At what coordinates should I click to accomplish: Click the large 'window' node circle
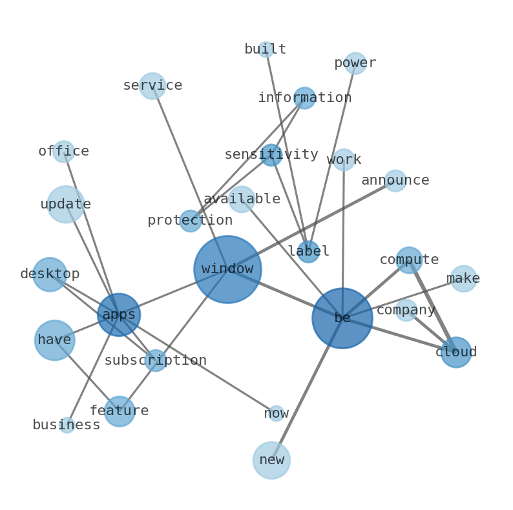[227, 269]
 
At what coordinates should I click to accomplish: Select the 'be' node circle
[342, 318]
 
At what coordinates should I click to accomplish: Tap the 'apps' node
[119, 314]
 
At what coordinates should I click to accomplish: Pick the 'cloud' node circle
[455, 352]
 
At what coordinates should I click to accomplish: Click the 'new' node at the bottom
[271, 460]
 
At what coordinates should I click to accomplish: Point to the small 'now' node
[276, 413]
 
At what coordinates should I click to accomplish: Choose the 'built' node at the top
[266, 50]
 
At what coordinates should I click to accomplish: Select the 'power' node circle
[355, 63]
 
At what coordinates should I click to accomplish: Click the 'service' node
[152, 86]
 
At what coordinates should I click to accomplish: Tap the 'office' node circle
[63, 152]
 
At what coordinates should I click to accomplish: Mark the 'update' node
[66, 204]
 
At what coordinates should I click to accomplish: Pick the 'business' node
[67, 425]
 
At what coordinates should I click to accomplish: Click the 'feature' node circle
[120, 411]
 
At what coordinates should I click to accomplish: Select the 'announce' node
[395, 181]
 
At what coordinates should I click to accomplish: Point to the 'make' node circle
[463, 279]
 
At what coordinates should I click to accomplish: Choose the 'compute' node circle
[408, 260]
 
